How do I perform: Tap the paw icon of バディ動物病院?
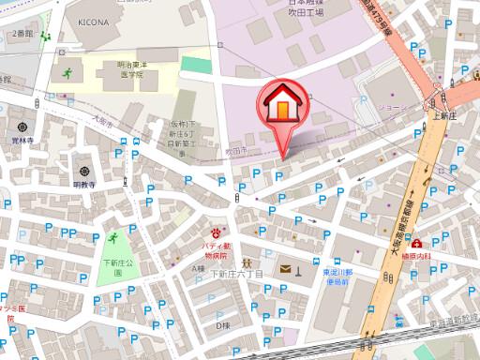(218, 230)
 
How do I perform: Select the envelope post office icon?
(282, 271)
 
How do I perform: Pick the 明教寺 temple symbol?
(85, 172)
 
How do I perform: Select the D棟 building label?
(222, 325)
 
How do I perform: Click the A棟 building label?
(198, 268)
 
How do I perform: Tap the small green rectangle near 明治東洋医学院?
(195, 64)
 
